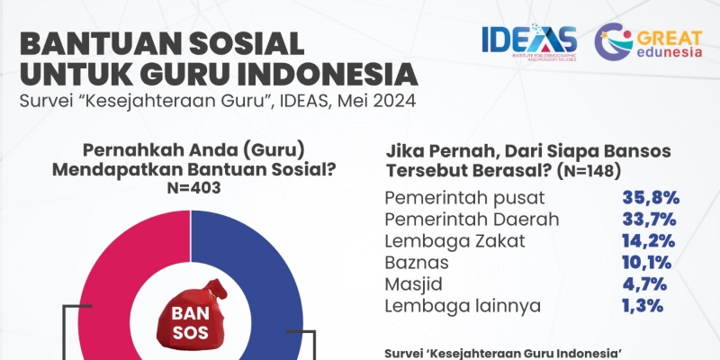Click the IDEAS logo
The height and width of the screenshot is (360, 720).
(x=529, y=41)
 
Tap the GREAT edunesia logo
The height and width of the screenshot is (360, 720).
(x=648, y=41)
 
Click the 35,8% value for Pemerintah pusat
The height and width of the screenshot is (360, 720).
(x=651, y=198)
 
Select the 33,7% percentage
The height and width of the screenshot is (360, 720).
(x=649, y=220)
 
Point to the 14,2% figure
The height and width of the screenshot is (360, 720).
(x=649, y=241)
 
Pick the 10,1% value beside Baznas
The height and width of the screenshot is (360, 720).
(x=647, y=263)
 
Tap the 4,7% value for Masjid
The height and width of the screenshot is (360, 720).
(x=644, y=284)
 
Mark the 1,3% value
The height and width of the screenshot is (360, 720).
(x=643, y=306)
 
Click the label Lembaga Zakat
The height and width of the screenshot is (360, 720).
(x=454, y=241)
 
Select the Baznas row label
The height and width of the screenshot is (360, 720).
(x=417, y=263)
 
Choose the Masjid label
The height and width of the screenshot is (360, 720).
(x=413, y=284)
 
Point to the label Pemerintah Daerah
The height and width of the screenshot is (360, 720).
(x=472, y=220)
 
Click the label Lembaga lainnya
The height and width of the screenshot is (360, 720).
(x=463, y=306)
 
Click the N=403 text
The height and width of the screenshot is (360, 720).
(x=193, y=188)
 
